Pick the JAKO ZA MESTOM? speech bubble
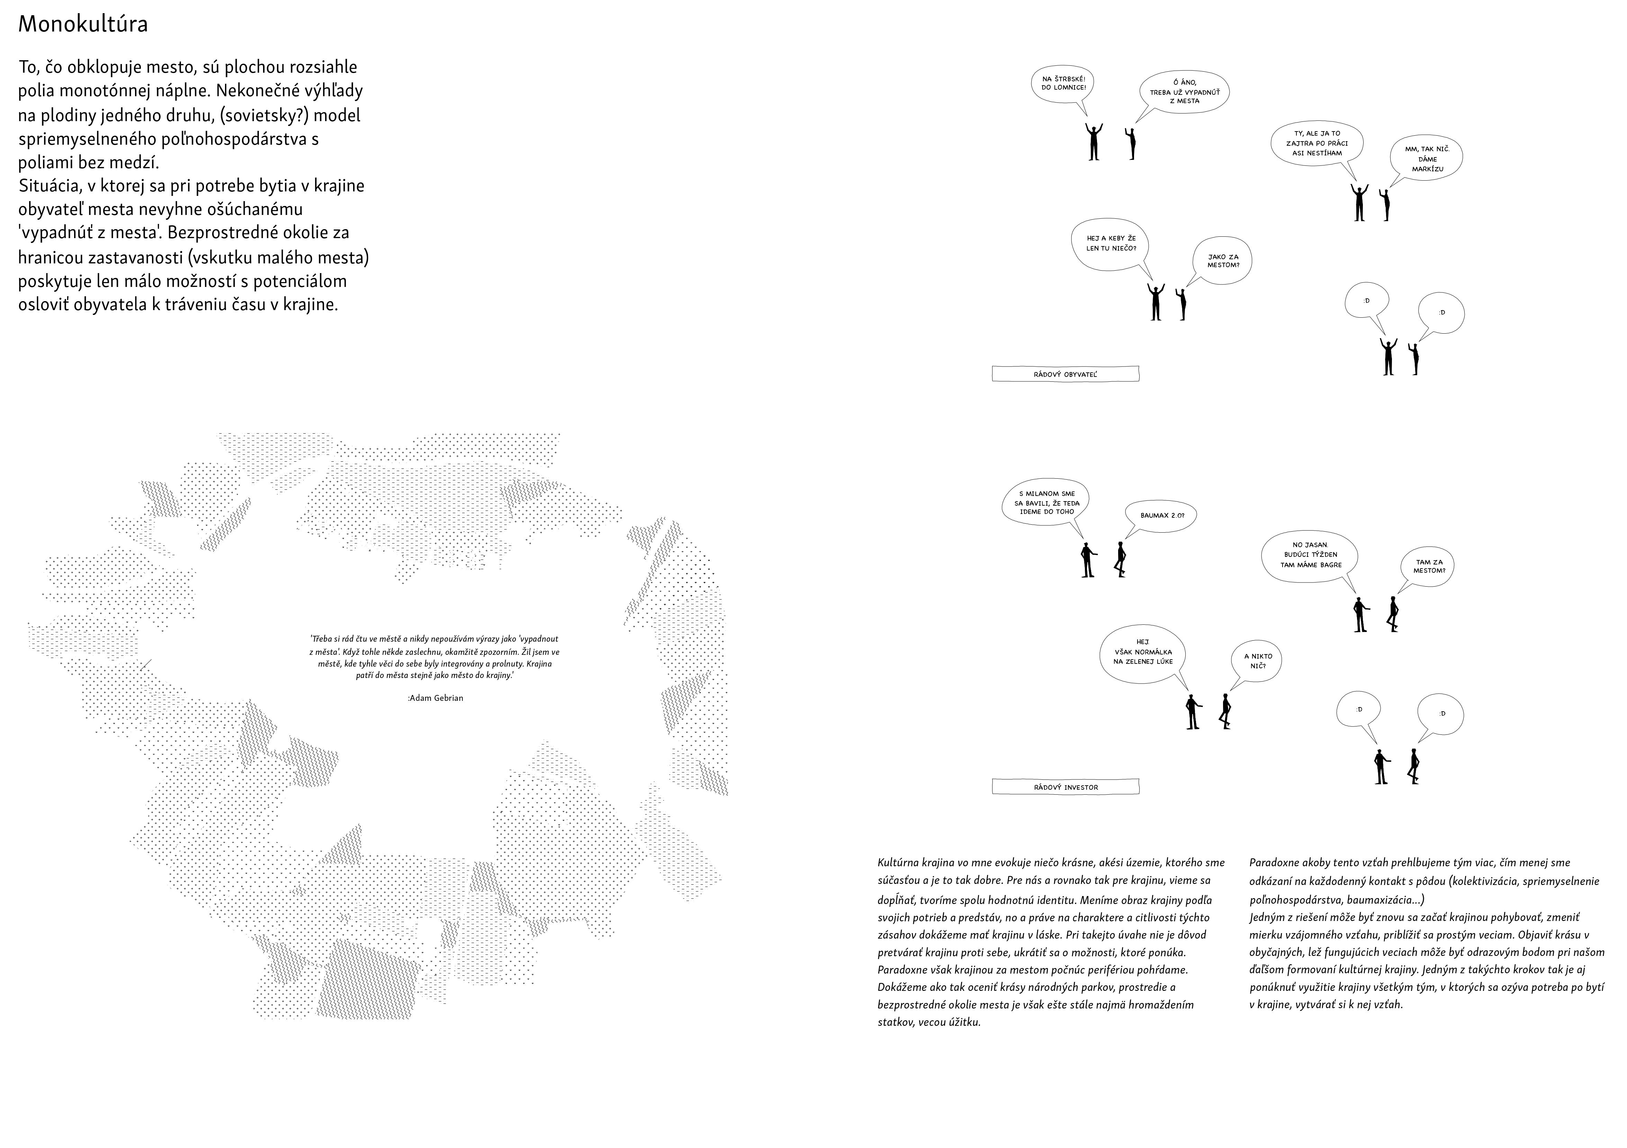pyautogui.click(x=1223, y=261)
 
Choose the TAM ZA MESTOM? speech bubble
pyautogui.click(x=1429, y=566)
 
